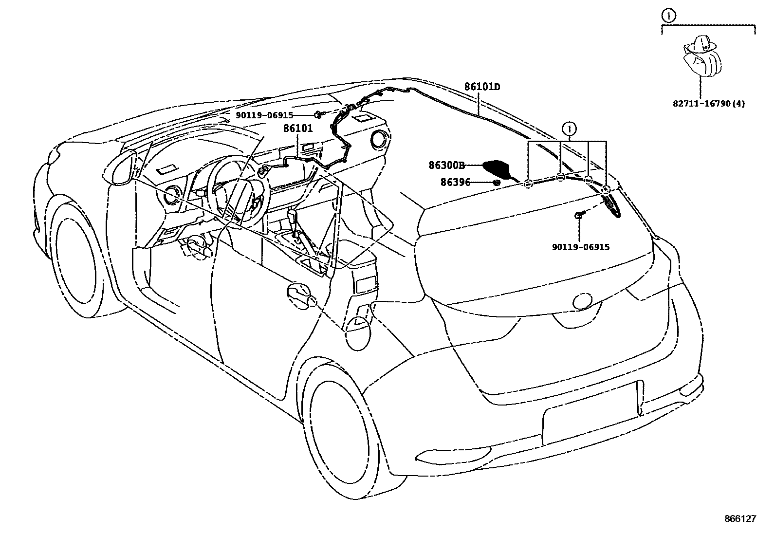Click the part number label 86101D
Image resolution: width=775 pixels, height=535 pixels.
point(481,87)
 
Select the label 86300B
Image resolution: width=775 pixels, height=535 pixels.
point(446,165)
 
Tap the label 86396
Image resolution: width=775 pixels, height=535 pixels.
point(455,183)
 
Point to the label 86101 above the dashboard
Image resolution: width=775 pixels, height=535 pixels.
point(297,129)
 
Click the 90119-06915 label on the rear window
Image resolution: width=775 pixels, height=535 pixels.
point(580,247)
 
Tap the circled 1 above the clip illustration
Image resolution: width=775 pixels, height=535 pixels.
point(669,16)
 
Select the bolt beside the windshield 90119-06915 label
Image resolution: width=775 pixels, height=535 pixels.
point(317,115)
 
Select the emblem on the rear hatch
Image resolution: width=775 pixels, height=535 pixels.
point(583,301)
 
